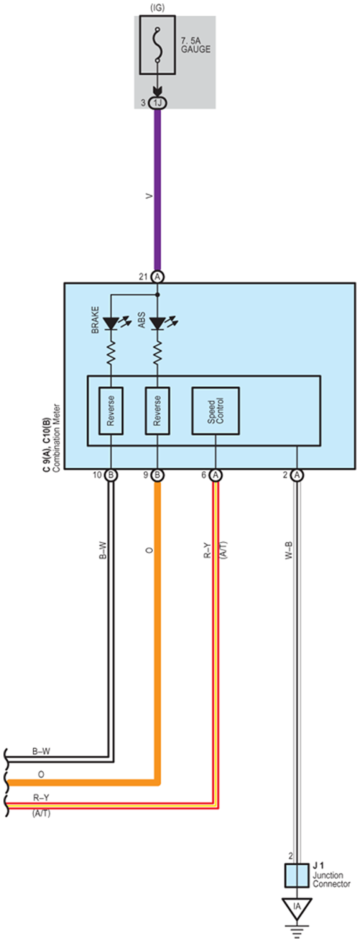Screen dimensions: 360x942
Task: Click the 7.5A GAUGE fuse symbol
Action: pyautogui.click(x=158, y=45)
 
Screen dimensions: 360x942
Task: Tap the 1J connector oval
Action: pyautogui.click(x=157, y=103)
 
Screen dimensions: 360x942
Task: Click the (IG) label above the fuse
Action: pyautogui.click(x=157, y=8)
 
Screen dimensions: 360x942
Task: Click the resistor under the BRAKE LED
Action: pyautogui.click(x=111, y=353)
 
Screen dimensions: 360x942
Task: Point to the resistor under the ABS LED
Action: pyautogui.click(x=157, y=353)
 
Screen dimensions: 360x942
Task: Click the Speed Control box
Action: pyautogui.click(x=215, y=411)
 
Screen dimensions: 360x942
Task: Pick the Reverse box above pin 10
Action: pyautogui.click(x=111, y=411)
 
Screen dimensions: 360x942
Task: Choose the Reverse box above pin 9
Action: pyautogui.click(x=157, y=411)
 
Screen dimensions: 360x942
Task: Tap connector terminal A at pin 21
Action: pyautogui.click(x=157, y=277)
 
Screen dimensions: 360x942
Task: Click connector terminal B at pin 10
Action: pyautogui.click(x=111, y=475)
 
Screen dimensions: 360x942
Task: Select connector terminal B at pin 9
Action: pyautogui.click(x=157, y=475)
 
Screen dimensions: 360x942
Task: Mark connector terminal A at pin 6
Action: pyautogui.click(x=215, y=475)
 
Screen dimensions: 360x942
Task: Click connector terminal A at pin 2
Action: pyautogui.click(x=297, y=475)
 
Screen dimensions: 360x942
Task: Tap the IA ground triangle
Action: pyautogui.click(x=297, y=908)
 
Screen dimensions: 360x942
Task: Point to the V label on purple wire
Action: pyautogui.click(x=149, y=196)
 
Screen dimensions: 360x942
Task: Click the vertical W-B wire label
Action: pyautogui.click(x=289, y=550)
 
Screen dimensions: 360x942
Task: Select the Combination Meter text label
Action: pyautogui.click(x=57, y=438)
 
